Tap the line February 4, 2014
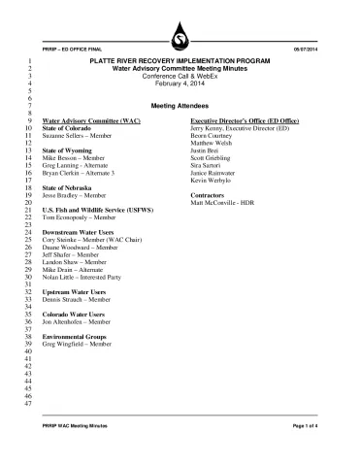[180, 84]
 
